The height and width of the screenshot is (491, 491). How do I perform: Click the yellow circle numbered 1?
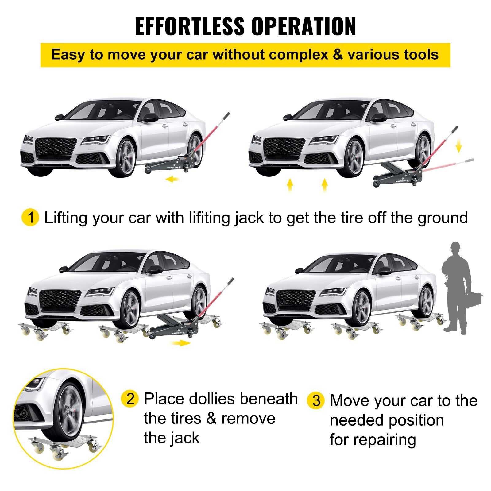coord(30,218)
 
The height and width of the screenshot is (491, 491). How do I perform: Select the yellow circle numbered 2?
coord(130,399)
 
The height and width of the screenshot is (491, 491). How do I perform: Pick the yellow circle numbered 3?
coord(316,400)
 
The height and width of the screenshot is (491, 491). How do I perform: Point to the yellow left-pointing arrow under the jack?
coord(172,179)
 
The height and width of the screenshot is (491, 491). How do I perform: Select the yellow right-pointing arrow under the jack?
coord(181,343)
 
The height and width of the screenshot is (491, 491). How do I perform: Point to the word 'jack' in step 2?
coord(185,438)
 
